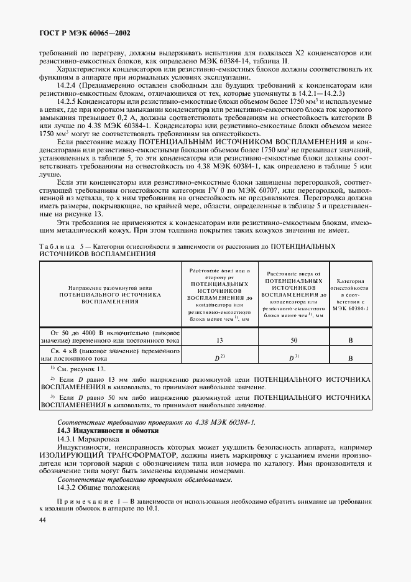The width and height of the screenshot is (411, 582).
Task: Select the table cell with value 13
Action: (x=219, y=340)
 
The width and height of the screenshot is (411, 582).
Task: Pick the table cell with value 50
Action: (x=293, y=340)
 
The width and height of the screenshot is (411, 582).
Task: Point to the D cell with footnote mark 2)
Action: (x=219, y=358)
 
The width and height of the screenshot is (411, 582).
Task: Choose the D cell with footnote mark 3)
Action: (x=293, y=358)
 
